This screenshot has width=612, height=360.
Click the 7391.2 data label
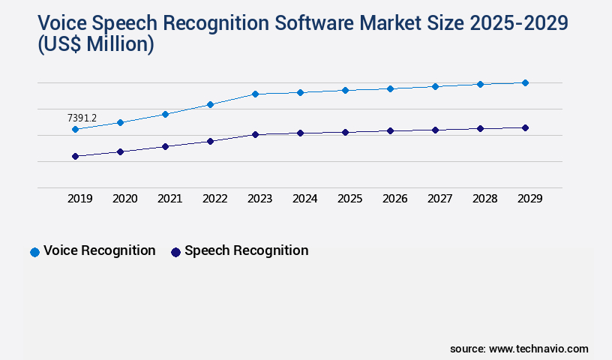click(x=82, y=118)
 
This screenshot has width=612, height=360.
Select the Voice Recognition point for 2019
click(x=75, y=130)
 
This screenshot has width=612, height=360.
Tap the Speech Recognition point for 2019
click(x=75, y=156)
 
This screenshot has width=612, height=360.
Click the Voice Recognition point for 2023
click(x=255, y=94)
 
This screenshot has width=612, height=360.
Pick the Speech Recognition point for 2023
click(x=255, y=134)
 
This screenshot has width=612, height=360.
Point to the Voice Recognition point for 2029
click(x=525, y=82)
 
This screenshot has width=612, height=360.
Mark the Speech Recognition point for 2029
click(x=525, y=127)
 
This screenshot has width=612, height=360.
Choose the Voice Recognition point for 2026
click(x=390, y=88)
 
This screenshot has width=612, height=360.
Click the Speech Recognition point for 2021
click(x=165, y=146)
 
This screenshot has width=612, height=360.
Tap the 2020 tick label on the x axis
click(x=124, y=199)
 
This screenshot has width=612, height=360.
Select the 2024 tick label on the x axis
click(x=304, y=199)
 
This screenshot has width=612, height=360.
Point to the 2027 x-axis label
click(x=439, y=199)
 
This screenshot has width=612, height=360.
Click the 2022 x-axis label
click(x=214, y=199)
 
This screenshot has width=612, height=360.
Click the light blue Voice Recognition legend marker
click(x=34, y=252)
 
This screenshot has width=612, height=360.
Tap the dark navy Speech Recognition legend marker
click(x=175, y=252)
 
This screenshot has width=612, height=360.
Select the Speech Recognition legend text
click(x=246, y=250)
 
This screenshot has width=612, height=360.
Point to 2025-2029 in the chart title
click(x=517, y=23)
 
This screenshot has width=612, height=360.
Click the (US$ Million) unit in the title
click(x=95, y=44)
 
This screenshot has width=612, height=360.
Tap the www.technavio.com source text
click(x=538, y=349)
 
